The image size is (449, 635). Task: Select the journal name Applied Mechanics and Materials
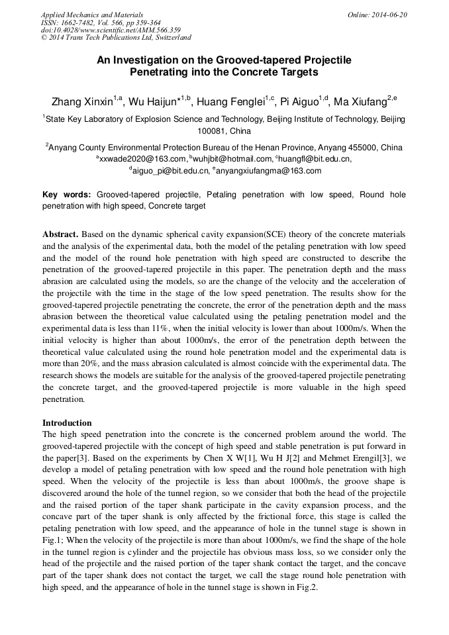(x=91, y=15)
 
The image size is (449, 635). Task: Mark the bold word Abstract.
(x=60, y=234)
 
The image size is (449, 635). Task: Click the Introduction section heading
(x=67, y=422)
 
